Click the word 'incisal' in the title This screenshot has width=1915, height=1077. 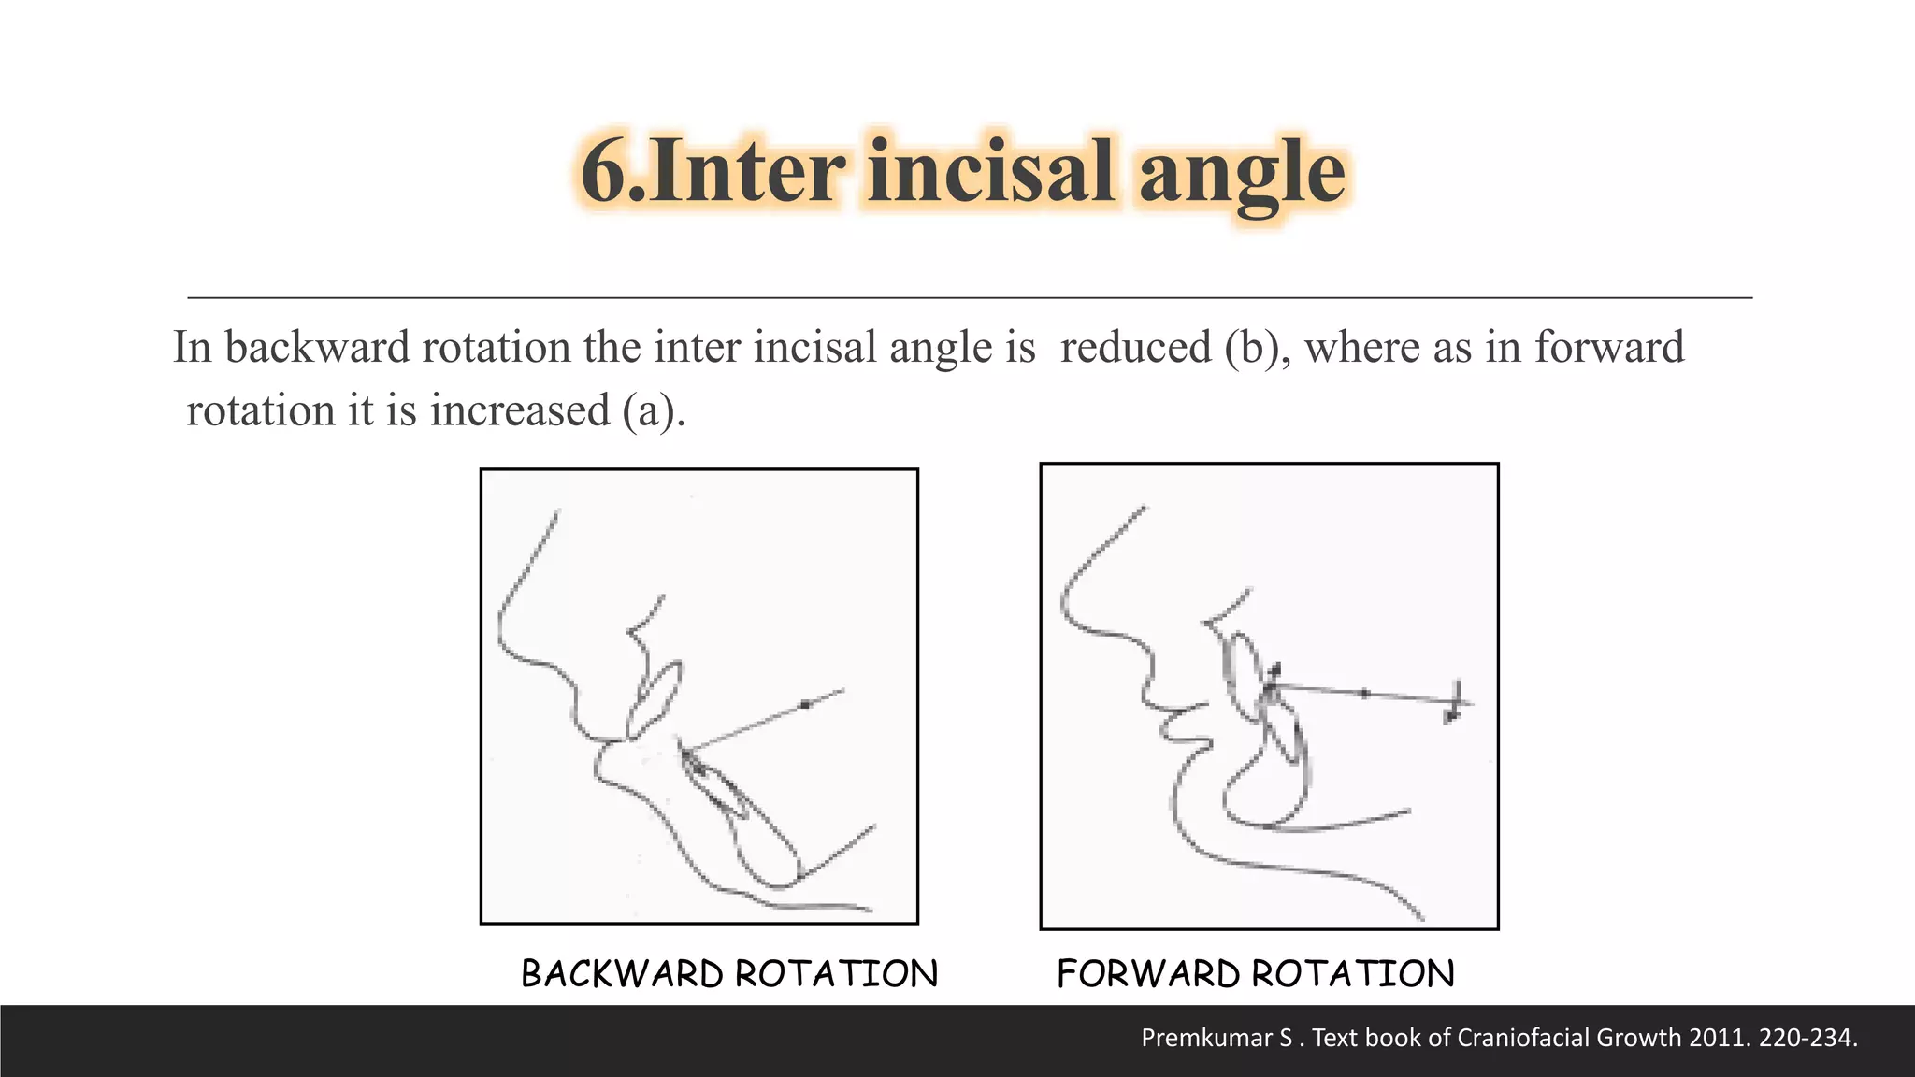click(990, 171)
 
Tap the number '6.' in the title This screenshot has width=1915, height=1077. click(613, 171)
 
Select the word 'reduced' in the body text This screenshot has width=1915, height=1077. click(1135, 348)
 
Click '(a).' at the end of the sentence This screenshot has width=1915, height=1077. click(654, 411)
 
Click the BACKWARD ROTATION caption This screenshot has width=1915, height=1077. click(729, 974)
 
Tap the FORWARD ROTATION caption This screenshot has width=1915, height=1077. click(1256, 974)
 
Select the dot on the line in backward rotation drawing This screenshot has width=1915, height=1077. click(806, 704)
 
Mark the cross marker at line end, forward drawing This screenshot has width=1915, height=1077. click(1455, 701)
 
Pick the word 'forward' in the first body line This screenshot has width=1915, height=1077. click(1608, 348)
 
